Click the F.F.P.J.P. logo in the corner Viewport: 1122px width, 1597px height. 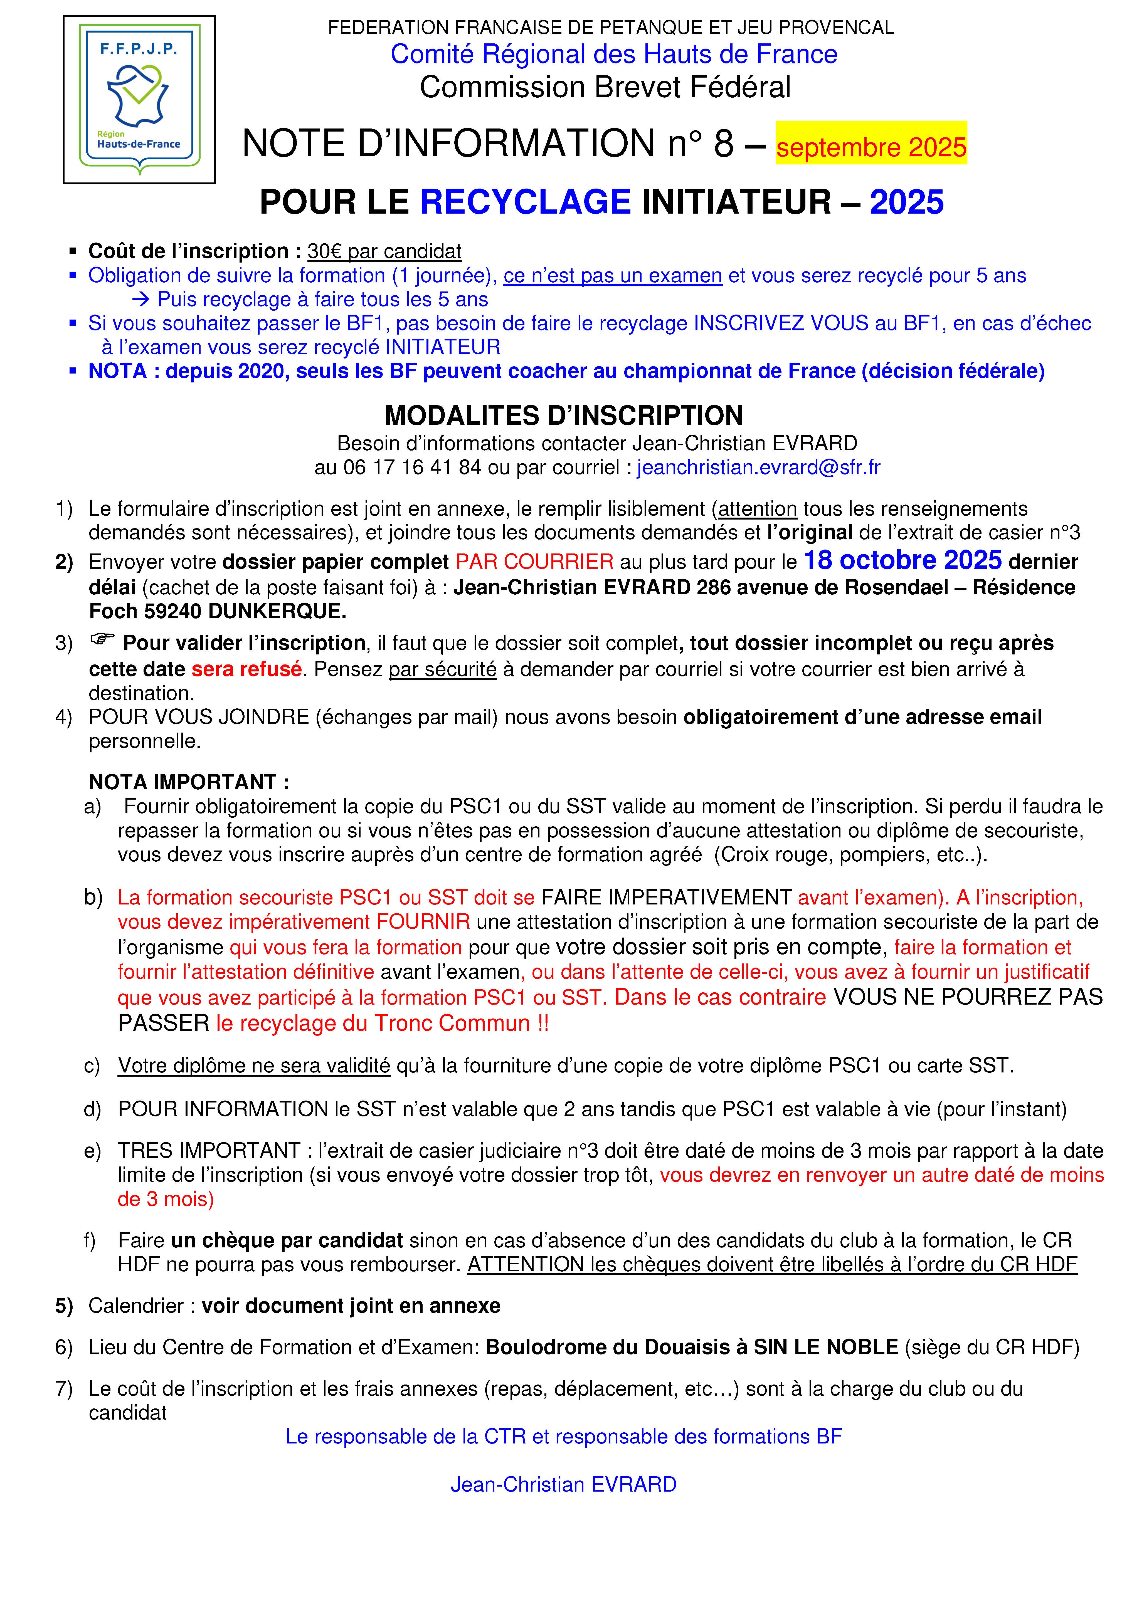coord(139,100)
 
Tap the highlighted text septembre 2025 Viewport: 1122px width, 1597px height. coord(871,147)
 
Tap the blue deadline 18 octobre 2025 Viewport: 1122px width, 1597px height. coord(902,560)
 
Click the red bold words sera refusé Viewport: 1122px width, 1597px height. coord(246,669)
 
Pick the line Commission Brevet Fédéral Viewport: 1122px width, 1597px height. coord(605,87)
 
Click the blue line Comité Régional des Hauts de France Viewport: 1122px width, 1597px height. coord(613,54)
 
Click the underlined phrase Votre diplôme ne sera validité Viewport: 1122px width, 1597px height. coord(254,1066)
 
